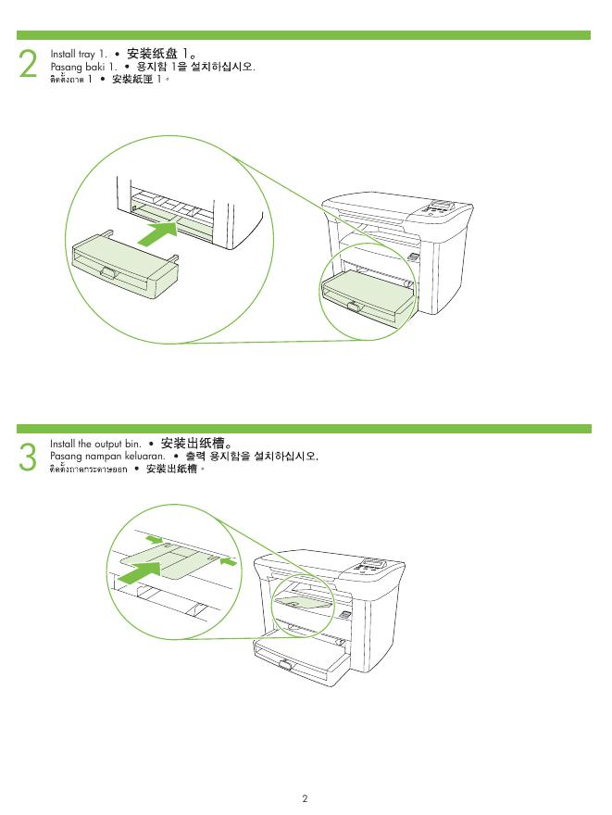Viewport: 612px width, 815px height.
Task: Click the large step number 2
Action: (x=29, y=64)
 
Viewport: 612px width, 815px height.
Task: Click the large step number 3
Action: (x=29, y=458)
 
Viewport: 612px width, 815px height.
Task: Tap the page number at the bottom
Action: (x=304, y=797)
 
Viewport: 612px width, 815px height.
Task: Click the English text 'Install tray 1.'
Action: (x=79, y=55)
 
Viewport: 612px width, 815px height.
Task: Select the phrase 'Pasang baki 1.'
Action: (x=81, y=68)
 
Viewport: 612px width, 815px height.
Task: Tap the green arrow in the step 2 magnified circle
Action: (x=157, y=232)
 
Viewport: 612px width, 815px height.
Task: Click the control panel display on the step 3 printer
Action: (x=374, y=563)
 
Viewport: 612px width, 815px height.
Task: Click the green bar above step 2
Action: (x=306, y=35)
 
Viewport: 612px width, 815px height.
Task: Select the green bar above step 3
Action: (x=306, y=429)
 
